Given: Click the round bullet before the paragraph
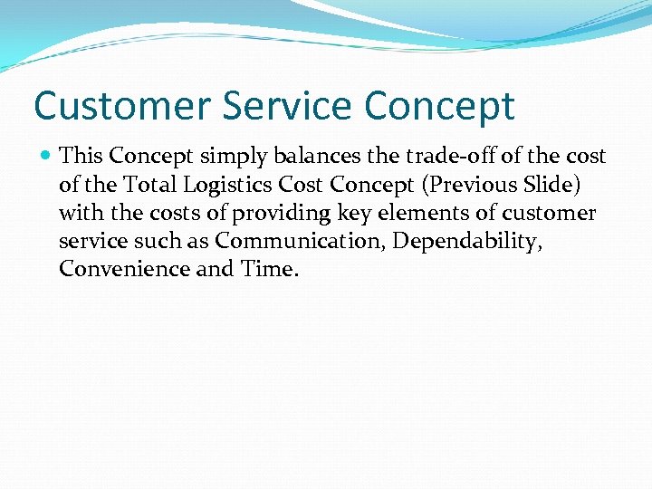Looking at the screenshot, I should [x=46, y=157].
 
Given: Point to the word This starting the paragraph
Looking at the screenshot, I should [x=81, y=156].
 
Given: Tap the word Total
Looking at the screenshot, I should [x=150, y=185].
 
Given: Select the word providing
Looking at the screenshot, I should [x=280, y=214].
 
